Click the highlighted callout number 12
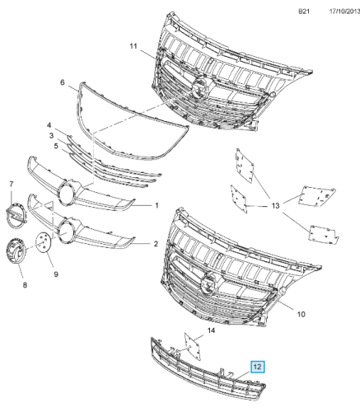click(x=257, y=367)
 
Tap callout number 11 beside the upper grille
click(x=133, y=46)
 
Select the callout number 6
click(x=63, y=82)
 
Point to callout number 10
click(x=302, y=314)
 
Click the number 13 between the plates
click(x=275, y=205)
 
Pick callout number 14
click(x=211, y=330)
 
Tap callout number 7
click(x=12, y=184)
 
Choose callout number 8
click(x=25, y=285)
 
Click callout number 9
click(x=56, y=274)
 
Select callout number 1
click(x=157, y=205)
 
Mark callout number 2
click(x=156, y=244)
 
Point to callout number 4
click(x=49, y=125)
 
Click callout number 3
click(x=51, y=135)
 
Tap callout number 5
click(x=56, y=146)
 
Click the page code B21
click(x=304, y=12)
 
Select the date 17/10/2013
click(x=344, y=12)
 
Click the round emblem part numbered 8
click(x=16, y=251)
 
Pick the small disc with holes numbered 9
click(x=44, y=241)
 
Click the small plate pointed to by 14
click(x=193, y=346)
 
